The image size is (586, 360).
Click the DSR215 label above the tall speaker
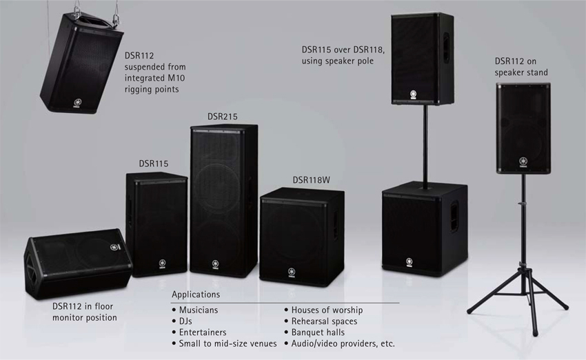222,117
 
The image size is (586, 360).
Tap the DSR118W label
311,179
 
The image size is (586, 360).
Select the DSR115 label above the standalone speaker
153,163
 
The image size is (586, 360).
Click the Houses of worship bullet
327,310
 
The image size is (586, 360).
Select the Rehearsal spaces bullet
324,321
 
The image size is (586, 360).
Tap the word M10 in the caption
176,78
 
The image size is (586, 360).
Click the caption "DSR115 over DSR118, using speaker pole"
342,55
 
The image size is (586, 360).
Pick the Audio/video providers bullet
343,343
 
